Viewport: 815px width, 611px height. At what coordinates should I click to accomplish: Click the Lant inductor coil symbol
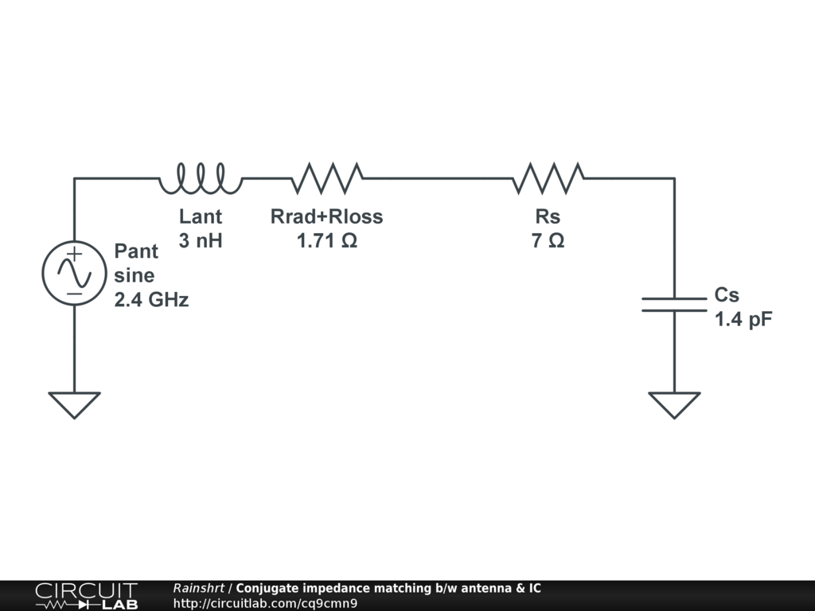coord(201,179)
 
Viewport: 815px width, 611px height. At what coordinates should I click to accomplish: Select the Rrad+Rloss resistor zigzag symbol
coord(327,179)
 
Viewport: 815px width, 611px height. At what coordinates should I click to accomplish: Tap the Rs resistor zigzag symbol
coord(548,179)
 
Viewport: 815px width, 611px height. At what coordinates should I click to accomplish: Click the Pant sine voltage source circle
coord(74,274)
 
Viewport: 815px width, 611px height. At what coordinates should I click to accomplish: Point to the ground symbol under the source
coord(74,404)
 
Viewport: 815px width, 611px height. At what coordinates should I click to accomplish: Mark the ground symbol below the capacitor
coord(674,404)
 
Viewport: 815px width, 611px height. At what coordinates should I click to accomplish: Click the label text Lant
coord(201,216)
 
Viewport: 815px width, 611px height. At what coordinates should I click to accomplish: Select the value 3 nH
coord(201,240)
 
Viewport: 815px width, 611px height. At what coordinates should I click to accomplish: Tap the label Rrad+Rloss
coord(327,216)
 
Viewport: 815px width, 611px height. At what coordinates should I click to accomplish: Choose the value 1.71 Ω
coord(327,240)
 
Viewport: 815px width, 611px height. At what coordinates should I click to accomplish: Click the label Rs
coord(548,216)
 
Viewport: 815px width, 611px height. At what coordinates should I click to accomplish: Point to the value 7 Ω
coord(548,240)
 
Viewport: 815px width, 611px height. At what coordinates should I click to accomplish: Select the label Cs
coord(727,295)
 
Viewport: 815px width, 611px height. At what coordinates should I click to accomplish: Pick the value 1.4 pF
coord(743,320)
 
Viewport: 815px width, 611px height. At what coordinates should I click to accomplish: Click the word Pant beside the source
coord(136,251)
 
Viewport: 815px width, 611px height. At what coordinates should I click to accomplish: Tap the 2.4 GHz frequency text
coord(151,301)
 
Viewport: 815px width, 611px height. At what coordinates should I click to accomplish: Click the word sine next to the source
coord(135,276)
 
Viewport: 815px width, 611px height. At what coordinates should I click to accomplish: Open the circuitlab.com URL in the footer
coord(265,603)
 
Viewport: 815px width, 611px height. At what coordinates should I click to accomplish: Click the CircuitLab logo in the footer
coord(86,596)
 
